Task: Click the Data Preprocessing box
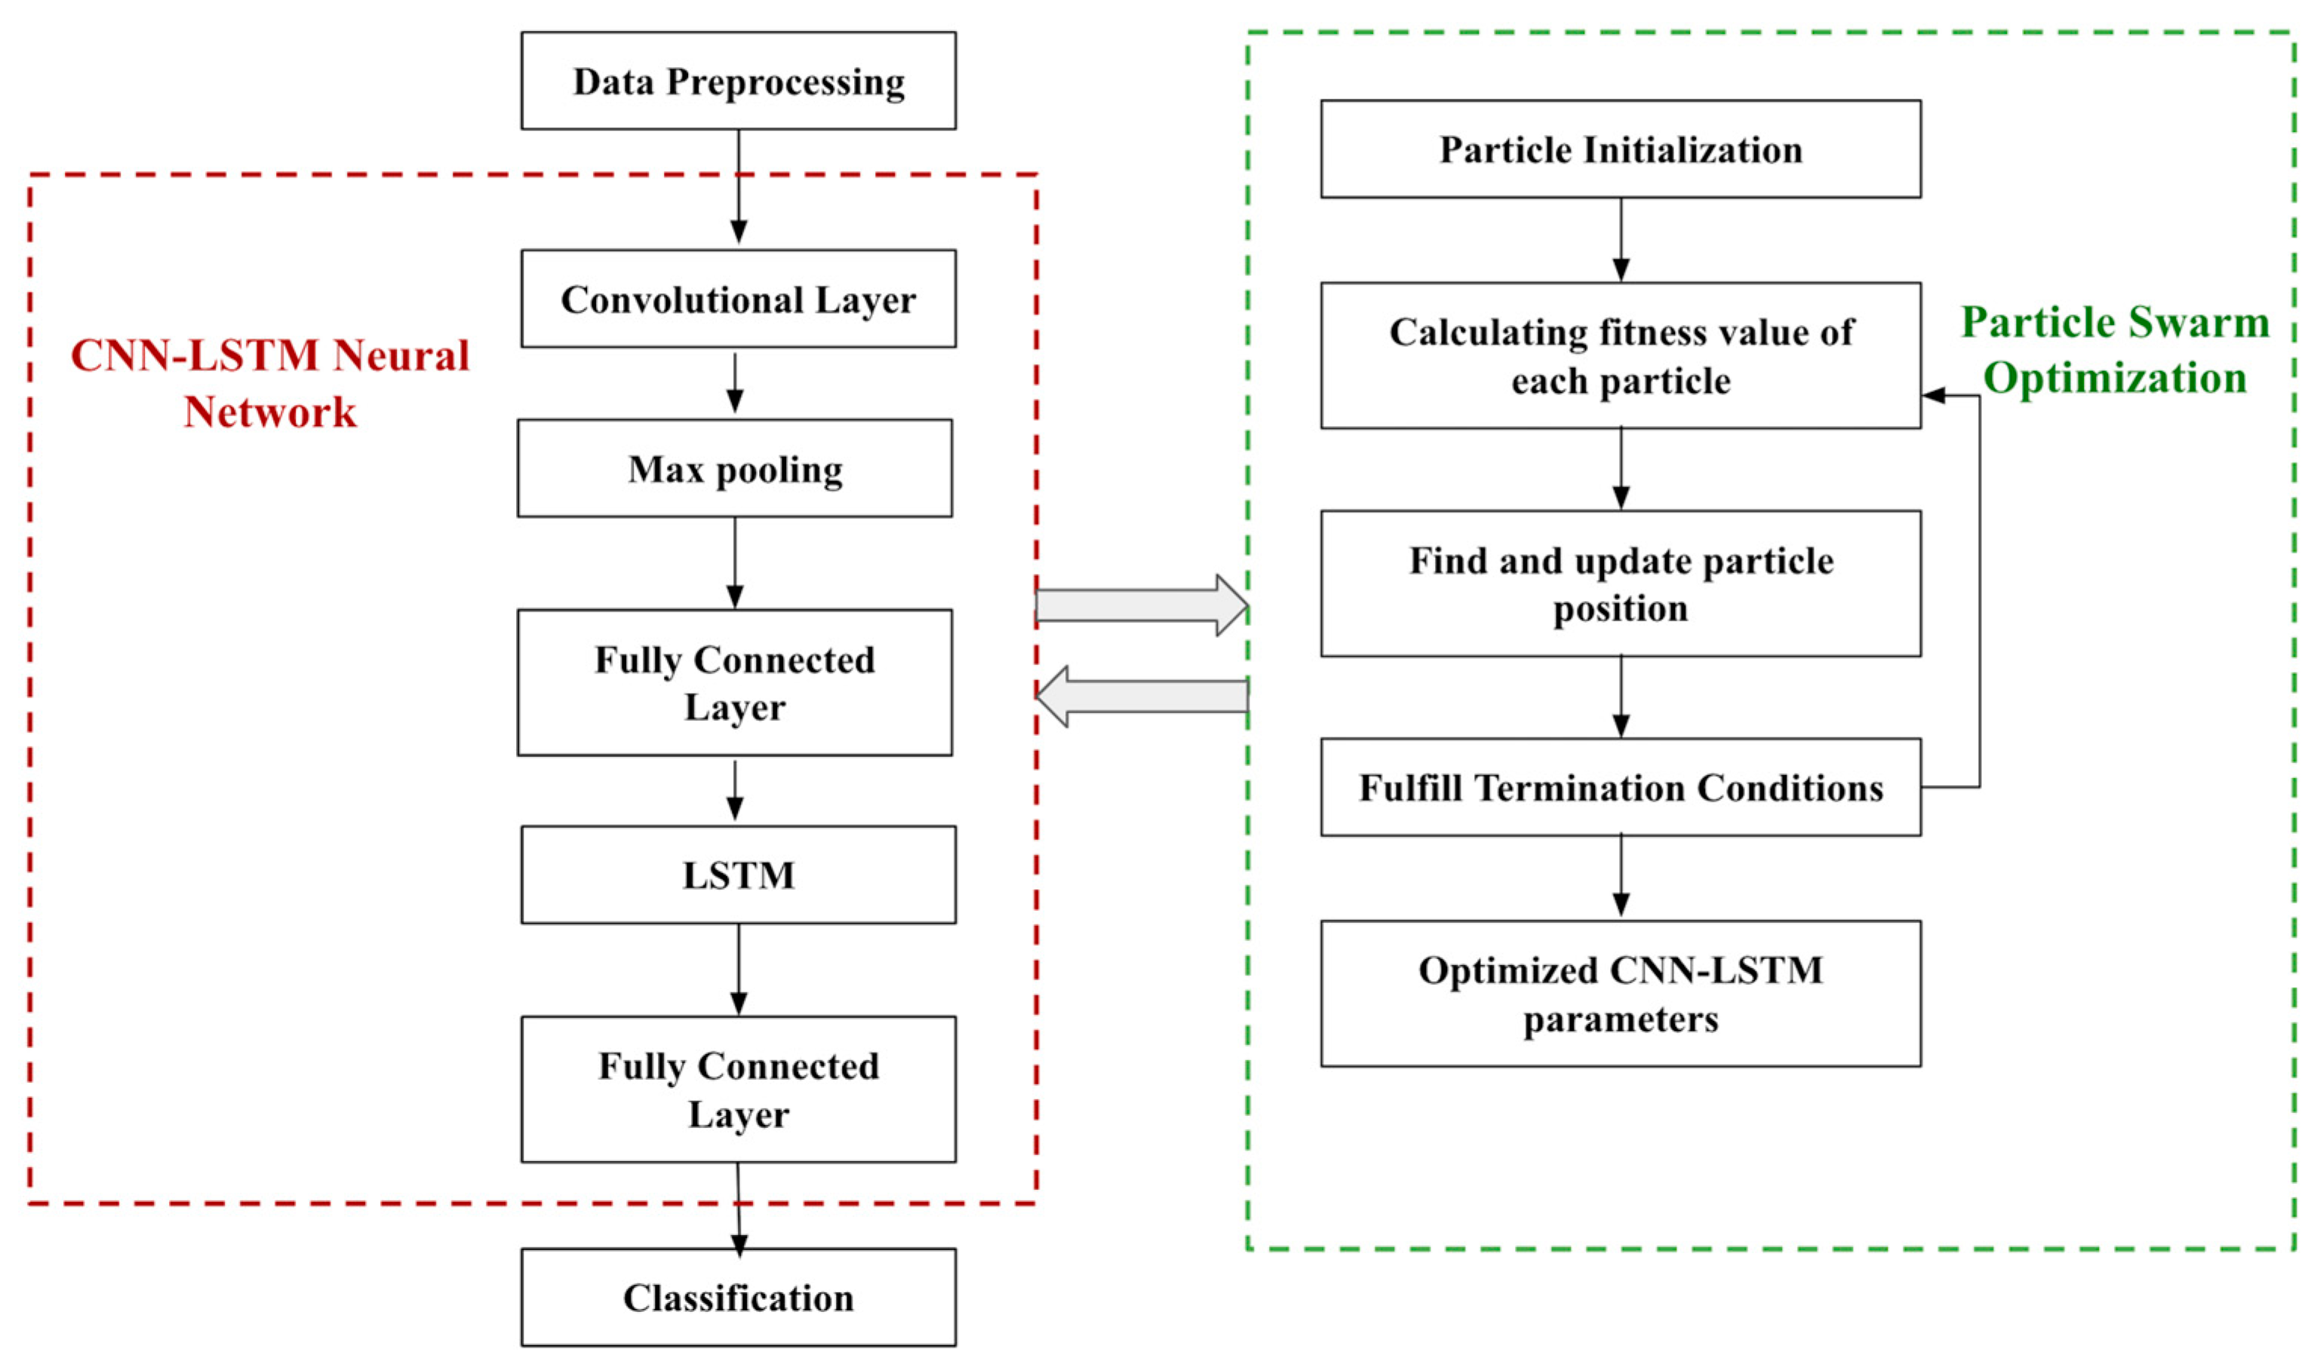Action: (x=739, y=81)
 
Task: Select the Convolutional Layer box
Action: (x=739, y=299)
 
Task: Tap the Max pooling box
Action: (x=735, y=469)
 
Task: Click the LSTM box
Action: (x=739, y=875)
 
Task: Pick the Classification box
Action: (x=739, y=1298)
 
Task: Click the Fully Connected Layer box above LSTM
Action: (x=735, y=683)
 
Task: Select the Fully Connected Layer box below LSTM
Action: (x=739, y=1090)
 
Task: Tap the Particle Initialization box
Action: (x=1620, y=149)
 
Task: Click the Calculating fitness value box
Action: (x=1620, y=356)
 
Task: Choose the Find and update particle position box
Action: (x=1620, y=584)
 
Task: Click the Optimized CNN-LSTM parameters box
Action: (x=1620, y=995)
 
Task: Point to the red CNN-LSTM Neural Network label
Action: (x=269, y=382)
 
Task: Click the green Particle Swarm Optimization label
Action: (x=2115, y=349)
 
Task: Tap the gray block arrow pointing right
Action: (x=1141, y=605)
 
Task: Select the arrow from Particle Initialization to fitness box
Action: (x=1621, y=240)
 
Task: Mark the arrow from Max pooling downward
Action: (x=735, y=562)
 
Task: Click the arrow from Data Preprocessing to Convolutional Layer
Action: (x=739, y=189)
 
